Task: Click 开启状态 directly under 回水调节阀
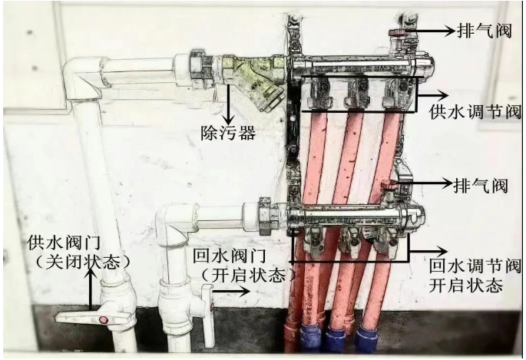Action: tap(467, 286)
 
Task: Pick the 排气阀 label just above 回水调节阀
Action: tap(483, 185)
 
